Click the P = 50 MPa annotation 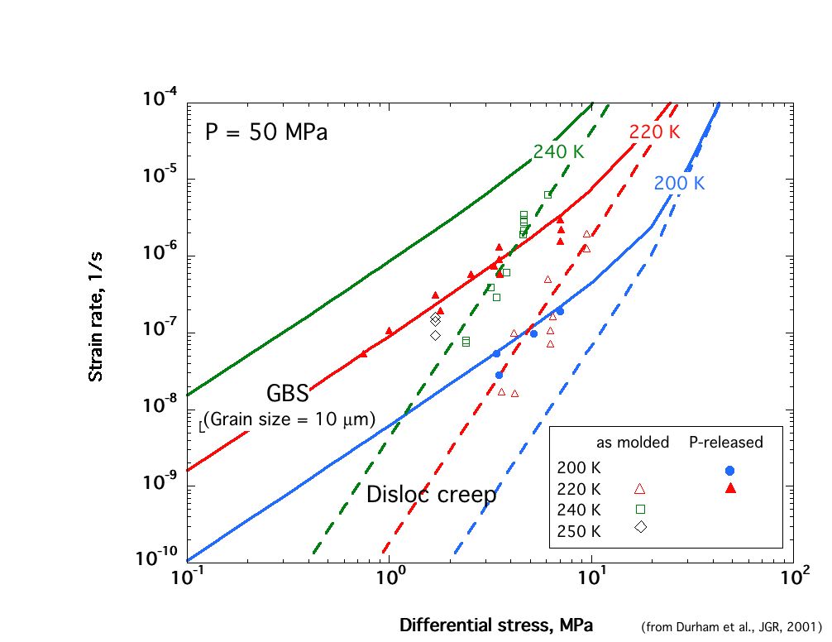coord(266,132)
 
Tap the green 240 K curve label coord(558,152)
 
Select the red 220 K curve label coord(654,132)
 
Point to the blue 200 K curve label coord(679,184)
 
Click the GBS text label coord(287,392)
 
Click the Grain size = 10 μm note coord(289,419)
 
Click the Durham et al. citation coord(731,626)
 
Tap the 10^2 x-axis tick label coord(794,577)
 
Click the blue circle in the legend coord(729,471)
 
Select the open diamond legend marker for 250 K coord(640,527)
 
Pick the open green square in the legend coord(640,508)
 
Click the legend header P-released coord(725,443)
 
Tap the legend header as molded coord(633,443)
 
